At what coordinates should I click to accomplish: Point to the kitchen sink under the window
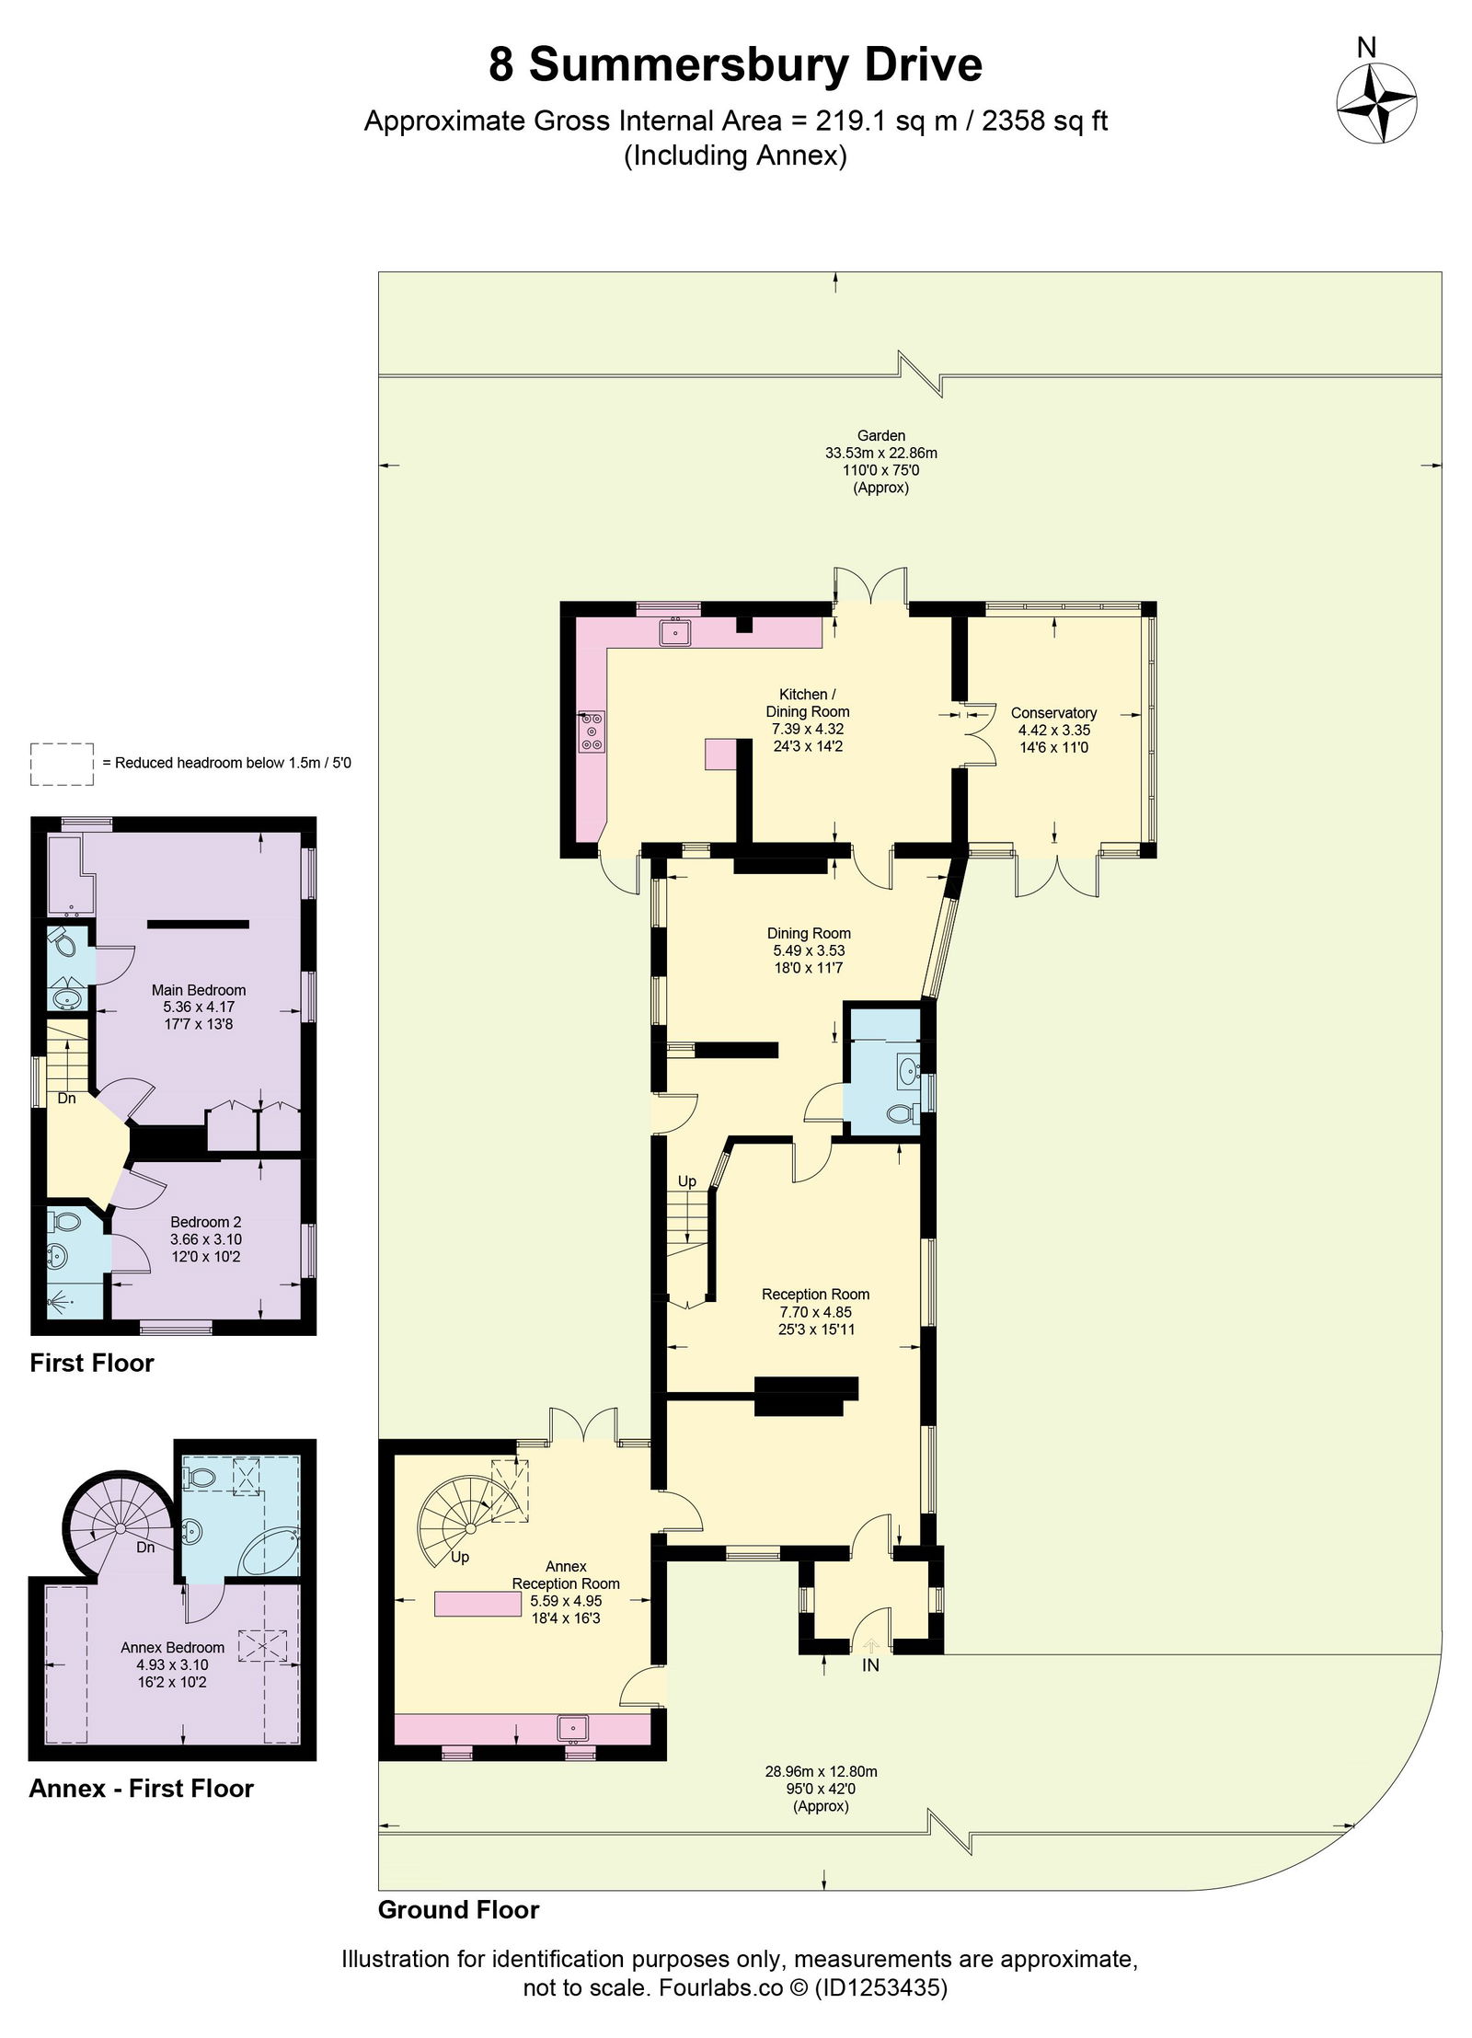coord(675,632)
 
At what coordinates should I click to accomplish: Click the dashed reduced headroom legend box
coord(62,764)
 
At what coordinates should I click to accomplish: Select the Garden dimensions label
coord(880,461)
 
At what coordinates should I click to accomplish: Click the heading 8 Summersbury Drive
coord(735,65)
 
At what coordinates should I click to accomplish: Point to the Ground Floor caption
coord(458,1909)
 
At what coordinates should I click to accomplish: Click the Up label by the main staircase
coord(686,1180)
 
